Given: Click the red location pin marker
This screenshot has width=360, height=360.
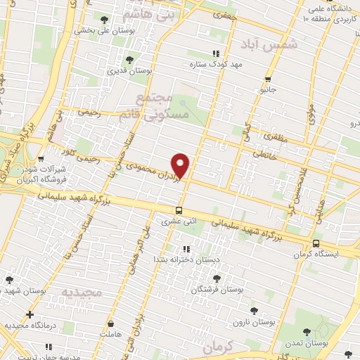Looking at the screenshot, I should click(181, 165).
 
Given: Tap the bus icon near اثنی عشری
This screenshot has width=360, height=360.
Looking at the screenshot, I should click(180, 210).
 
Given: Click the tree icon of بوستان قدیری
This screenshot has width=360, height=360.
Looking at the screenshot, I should click(128, 59).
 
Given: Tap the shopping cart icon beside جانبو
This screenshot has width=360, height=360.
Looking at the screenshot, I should click(267, 79).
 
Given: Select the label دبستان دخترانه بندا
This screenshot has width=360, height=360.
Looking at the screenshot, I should click(186, 259).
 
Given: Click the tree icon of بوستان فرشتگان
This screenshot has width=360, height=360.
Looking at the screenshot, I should click(217, 277).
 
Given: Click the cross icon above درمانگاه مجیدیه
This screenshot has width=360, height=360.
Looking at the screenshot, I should click(30, 314).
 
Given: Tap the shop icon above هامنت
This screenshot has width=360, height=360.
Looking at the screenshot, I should click(111, 324).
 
